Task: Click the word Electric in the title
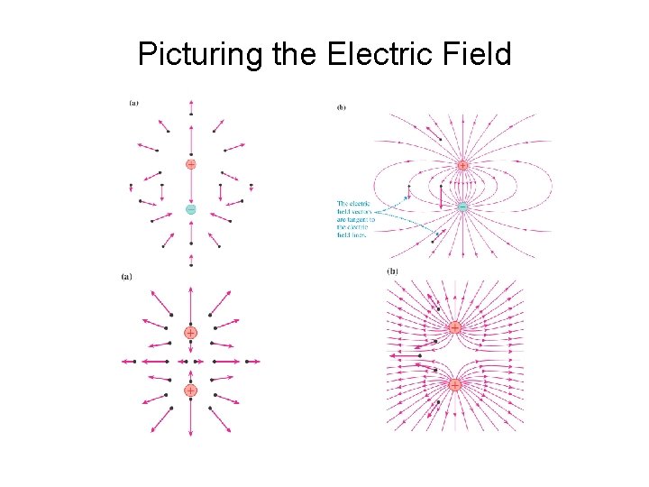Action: click(x=370, y=56)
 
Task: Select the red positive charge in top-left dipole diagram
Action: click(x=191, y=165)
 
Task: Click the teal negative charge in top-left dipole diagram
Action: click(x=191, y=209)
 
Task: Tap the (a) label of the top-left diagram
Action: click(x=134, y=103)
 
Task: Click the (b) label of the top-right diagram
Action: click(x=342, y=108)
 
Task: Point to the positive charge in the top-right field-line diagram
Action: click(x=462, y=166)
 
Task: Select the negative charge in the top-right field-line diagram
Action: click(x=462, y=207)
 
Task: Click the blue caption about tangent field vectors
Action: click(x=353, y=219)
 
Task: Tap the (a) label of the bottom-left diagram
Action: click(x=127, y=277)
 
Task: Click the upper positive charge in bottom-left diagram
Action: click(x=191, y=333)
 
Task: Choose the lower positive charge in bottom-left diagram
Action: click(x=191, y=391)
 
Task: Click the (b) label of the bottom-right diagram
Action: click(x=393, y=271)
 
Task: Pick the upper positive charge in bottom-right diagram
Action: click(x=455, y=327)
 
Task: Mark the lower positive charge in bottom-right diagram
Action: click(x=455, y=384)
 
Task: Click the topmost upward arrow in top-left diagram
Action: click(x=191, y=107)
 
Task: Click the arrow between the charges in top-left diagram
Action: click(x=191, y=188)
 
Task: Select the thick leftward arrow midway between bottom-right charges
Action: click(x=406, y=356)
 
